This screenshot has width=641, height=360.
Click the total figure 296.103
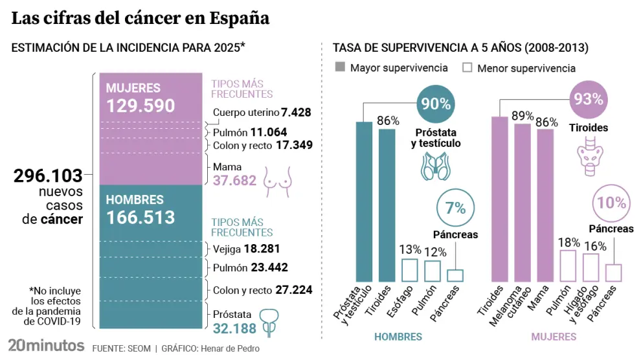point(49,175)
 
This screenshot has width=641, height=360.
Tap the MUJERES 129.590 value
point(141,106)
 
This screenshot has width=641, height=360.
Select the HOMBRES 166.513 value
point(141,217)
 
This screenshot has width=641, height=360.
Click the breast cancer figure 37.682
point(234,181)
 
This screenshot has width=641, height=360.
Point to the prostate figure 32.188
point(234,328)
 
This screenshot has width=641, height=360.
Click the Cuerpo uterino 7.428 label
point(263,113)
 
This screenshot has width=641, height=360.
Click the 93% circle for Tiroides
point(589,100)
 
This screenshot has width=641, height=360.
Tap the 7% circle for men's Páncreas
point(455,208)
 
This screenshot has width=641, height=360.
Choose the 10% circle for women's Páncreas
point(611,203)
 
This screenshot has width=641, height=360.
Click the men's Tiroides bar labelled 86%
point(387,205)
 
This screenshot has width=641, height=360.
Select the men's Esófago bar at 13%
point(410,269)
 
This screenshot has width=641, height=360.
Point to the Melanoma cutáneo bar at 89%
point(523,202)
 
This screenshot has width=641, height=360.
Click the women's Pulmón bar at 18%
point(568,265)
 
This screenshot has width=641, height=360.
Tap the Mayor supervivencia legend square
point(340,67)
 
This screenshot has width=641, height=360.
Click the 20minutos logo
point(46,345)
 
